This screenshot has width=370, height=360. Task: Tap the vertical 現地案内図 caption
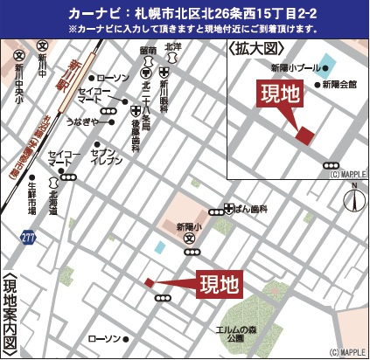coord(10,315)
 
